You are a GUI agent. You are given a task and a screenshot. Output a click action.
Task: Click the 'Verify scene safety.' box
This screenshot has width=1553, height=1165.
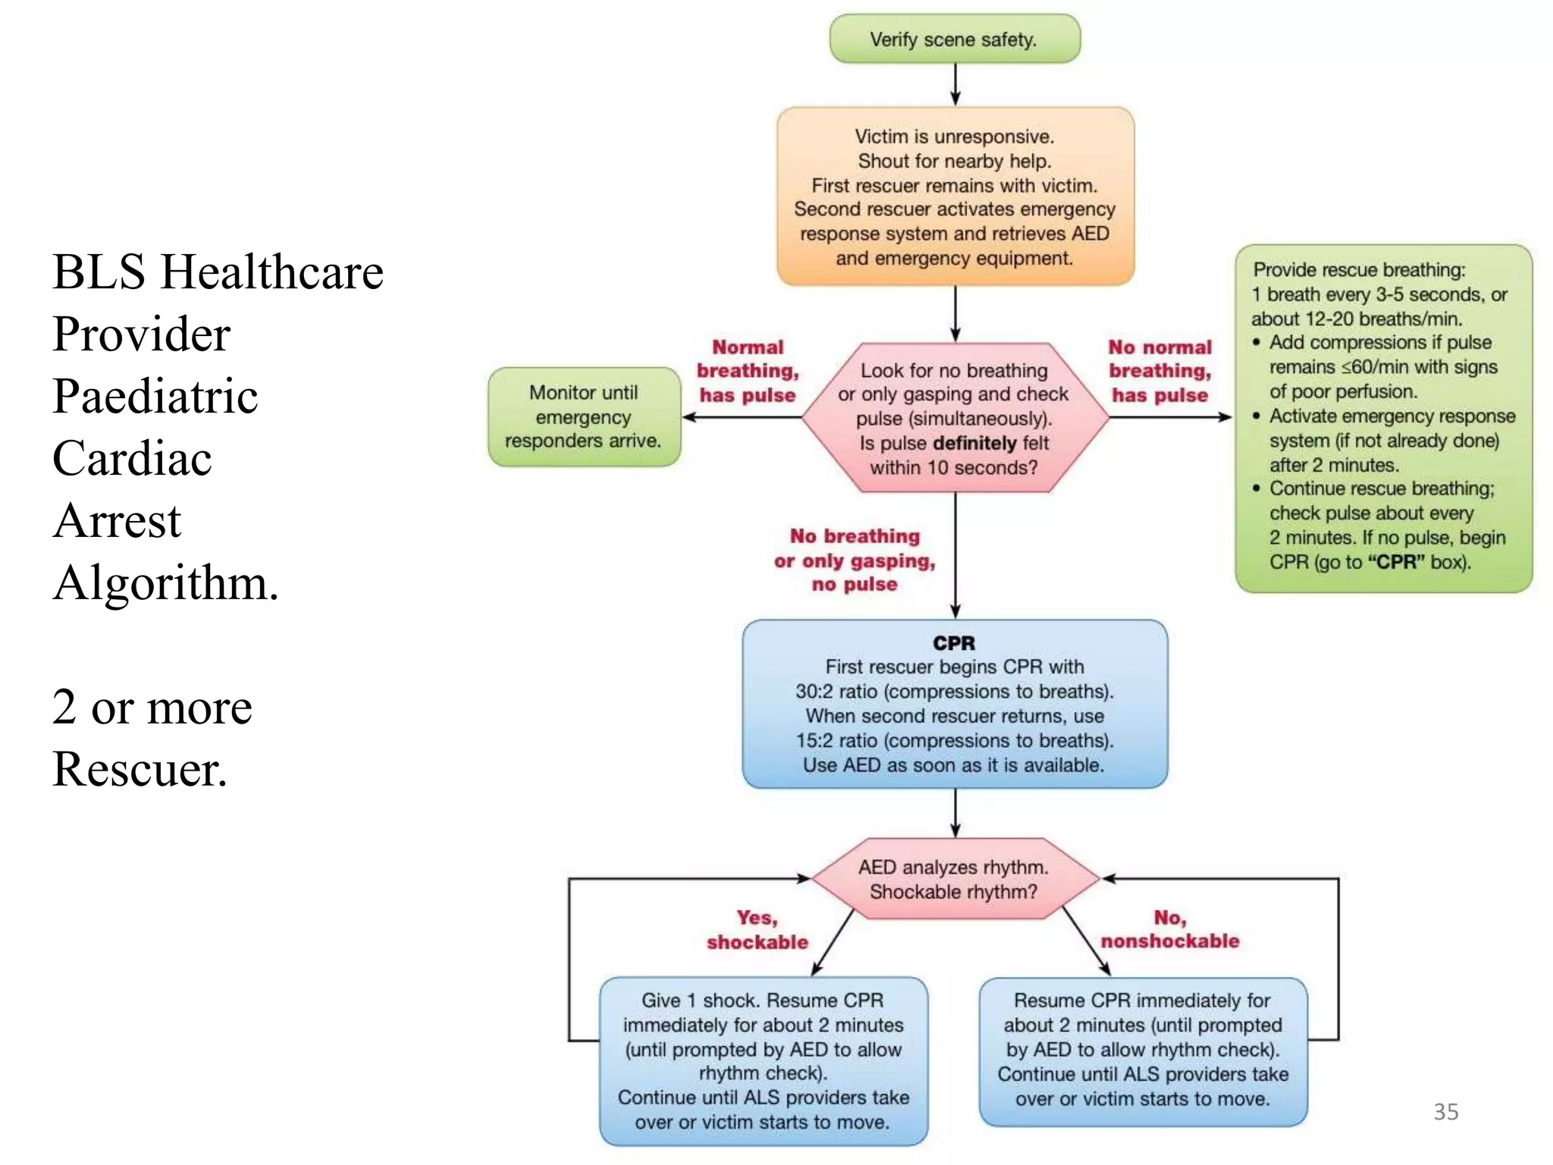pyautogui.click(x=954, y=39)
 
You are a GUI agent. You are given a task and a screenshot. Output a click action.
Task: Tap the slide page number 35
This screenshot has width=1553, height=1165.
pyautogui.click(x=1445, y=1111)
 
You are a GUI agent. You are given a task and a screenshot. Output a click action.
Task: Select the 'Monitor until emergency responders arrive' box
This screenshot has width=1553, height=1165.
pyautogui.click(x=584, y=416)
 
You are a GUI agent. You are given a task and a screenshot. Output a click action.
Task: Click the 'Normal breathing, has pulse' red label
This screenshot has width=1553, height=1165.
pyautogui.click(x=747, y=371)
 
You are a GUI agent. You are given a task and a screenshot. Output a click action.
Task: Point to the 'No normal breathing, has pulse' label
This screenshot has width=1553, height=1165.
pyautogui.click(x=1159, y=371)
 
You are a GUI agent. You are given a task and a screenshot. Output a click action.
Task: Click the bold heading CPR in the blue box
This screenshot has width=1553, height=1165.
pyautogui.click(x=954, y=643)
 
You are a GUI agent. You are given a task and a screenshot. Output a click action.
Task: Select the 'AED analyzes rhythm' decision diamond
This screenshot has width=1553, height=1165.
pyautogui.click(x=954, y=879)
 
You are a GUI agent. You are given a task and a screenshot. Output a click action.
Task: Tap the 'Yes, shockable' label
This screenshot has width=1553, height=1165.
pyautogui.click(x=757, y=930)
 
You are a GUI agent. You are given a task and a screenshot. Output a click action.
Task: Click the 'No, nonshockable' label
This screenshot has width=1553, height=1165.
pyautogui.click(x=1169, y=929)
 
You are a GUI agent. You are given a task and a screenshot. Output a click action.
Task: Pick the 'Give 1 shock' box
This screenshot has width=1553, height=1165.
pyautogui.click(x=763, y=1060)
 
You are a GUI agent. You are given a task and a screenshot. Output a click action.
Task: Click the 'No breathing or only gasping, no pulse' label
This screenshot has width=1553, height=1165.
pyautogui.click(x=855, y=560)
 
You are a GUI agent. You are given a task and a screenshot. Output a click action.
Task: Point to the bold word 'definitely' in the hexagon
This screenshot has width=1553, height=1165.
pyautogui.click(x=974, y=443)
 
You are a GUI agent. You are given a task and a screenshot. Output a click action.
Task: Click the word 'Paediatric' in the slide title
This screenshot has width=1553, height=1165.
pyautogui.click(x=155, y=396)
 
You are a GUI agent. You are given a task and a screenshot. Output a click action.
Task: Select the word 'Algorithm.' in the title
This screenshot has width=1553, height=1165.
pyautogui.click(x=165, y=582)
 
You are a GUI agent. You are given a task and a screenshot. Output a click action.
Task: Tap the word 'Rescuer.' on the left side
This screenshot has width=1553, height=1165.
pyautogui.click(x=140, y=769)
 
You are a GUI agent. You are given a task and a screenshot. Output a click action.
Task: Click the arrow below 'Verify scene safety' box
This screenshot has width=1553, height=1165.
pyautogui.click(x=955, y=84)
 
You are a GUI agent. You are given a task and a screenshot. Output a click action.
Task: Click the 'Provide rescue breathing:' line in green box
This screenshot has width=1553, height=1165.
pyautogui.click(x=1359, y=270)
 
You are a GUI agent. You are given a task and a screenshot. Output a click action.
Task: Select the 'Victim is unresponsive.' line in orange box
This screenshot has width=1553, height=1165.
pyautogui.click(x=954, y=137)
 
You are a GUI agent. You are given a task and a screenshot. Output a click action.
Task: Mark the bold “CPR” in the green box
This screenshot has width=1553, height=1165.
pyautogui.click(x=1395, y=562)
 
